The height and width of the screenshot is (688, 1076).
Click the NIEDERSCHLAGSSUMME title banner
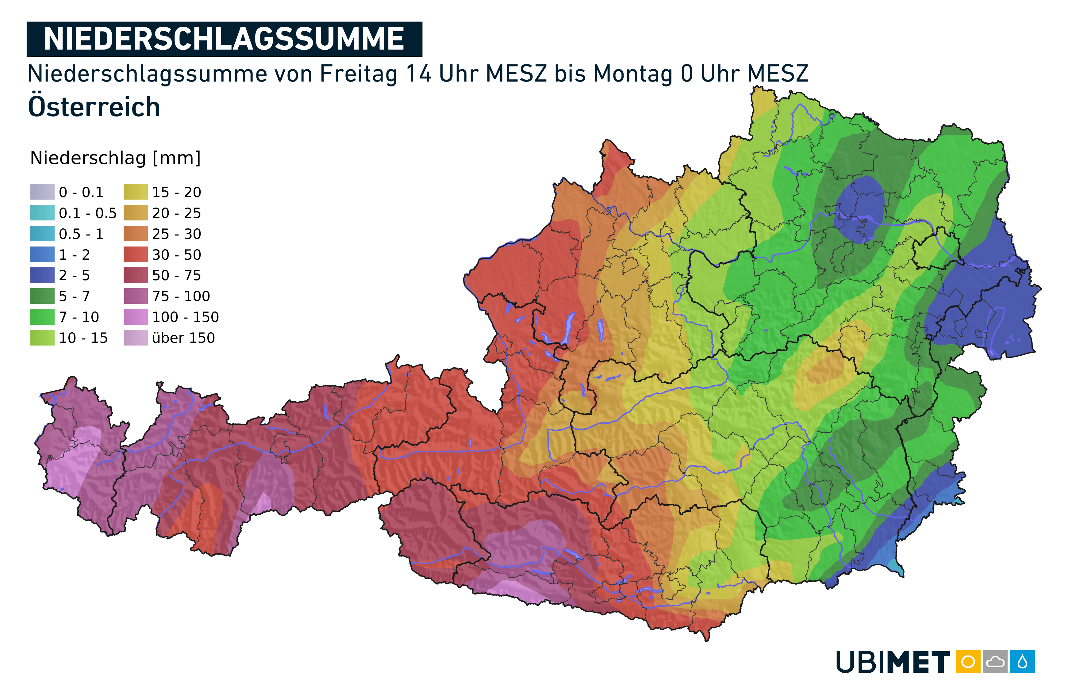click(x=224, y=39)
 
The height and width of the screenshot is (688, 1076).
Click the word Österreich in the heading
click(x=94, y=107)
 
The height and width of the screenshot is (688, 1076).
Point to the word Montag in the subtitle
click(x=632, y=74)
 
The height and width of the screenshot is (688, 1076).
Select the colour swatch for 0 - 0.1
click(x=42, y=192)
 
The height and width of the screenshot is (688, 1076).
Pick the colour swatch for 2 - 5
click(x=42, y=275)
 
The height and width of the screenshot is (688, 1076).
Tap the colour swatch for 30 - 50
click(x=135, y=255)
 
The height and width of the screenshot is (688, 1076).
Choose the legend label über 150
click(x=183, y=338)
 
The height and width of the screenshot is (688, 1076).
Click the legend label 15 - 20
click(x=176, y=193)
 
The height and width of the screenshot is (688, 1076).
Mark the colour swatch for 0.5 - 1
click(x=42, y=234)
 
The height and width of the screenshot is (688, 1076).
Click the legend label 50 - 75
click(x=176, y=276)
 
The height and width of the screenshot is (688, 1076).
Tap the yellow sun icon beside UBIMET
click(x=968, y=662)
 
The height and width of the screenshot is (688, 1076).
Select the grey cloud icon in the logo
click(x=995, y=662)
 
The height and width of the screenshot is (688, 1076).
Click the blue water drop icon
click(x=1022, y=662)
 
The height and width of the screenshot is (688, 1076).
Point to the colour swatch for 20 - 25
click(x=135, y=213)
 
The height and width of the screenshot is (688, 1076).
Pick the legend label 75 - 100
click(x=181, y=296)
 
